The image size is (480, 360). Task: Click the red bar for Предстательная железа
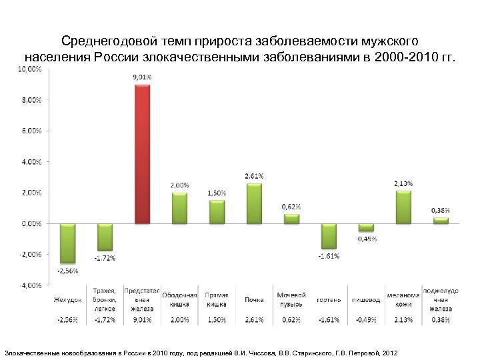pyautogui.click(x=142, y=153)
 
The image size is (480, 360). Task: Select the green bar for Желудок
pyautogui.click(x=67, y=243)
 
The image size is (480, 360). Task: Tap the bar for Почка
pyautogui.click(x=254, y=203)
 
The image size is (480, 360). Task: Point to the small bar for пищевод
pyautogui.click(x=366, y=227)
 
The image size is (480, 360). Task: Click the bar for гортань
pyautogui.click(x=329, y=236)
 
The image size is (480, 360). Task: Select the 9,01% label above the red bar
pyautogui.click(x=141, y=77)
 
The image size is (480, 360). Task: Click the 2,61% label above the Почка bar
pyautogui.click(x=254, y=176)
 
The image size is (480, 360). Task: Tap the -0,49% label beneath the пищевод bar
pyautogui.click(x=366, y=239)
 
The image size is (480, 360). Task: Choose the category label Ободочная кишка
pyautogui.click(x=179, y=299)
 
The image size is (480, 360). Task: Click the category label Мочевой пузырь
pyautogui.click(x=291, y=299)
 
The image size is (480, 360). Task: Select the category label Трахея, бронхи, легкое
pyautogui.click(x=105, y=299)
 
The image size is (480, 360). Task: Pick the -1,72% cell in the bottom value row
pyautogui.click(x=105, y=319)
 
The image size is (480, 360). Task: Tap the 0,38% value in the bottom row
pyautogui.click(x=441, y=319)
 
